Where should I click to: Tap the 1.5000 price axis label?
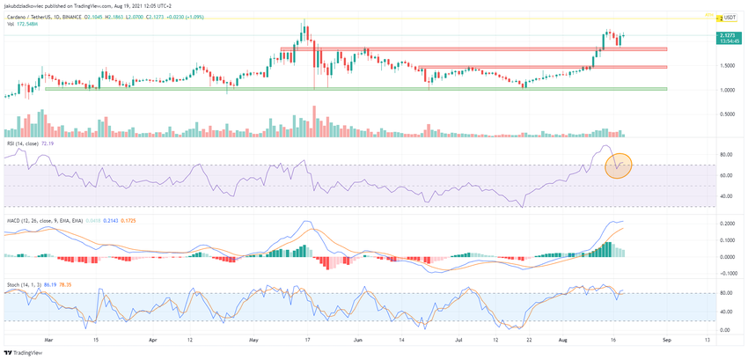727,66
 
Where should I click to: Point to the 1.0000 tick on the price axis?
727,90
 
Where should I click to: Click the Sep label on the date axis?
667,337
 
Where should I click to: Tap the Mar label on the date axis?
49,337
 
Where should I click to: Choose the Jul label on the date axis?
458,337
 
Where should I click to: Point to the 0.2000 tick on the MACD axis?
727,224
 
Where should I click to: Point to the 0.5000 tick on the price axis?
727,114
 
